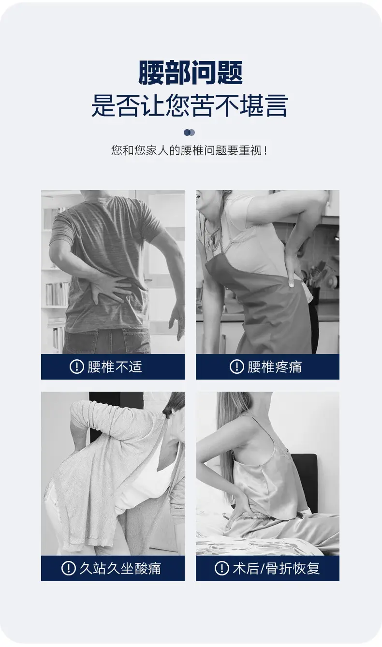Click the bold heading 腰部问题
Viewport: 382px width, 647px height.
click(x=191, y=73)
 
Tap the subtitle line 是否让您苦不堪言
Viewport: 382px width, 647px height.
click(x=190, y=105)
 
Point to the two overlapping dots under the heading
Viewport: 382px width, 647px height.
click(x=190, y=132)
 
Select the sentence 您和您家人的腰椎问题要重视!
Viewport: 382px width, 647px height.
click(x=190, y=150)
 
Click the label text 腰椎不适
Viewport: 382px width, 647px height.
click(x=115, y=367)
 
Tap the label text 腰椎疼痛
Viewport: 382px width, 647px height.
click(x=275, y=367)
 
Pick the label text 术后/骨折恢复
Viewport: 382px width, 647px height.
click(x=276, y=569)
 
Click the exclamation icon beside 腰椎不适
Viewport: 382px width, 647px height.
click(x=77, y=367)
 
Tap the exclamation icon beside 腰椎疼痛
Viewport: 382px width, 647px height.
click(x=237, y=367)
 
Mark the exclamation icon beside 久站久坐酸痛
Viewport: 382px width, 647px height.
click(x=69, y=569)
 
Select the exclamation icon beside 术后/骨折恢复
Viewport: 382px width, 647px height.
click(x=222, y=569)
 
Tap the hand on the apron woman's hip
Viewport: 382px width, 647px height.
click(x=293, y=267)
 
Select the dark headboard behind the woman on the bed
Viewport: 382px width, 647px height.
click(x=306, y=477)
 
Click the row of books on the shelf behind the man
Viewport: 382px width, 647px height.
click(x=58, y=294)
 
